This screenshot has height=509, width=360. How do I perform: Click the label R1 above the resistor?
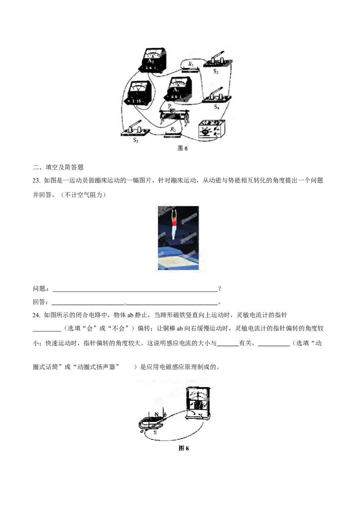(x=191, y=64)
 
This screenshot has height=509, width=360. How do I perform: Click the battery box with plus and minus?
(x=211, y=129)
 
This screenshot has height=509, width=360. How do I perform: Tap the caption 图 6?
(x=182, y=148)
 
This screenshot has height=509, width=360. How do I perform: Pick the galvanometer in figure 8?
(x=198, y=402)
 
